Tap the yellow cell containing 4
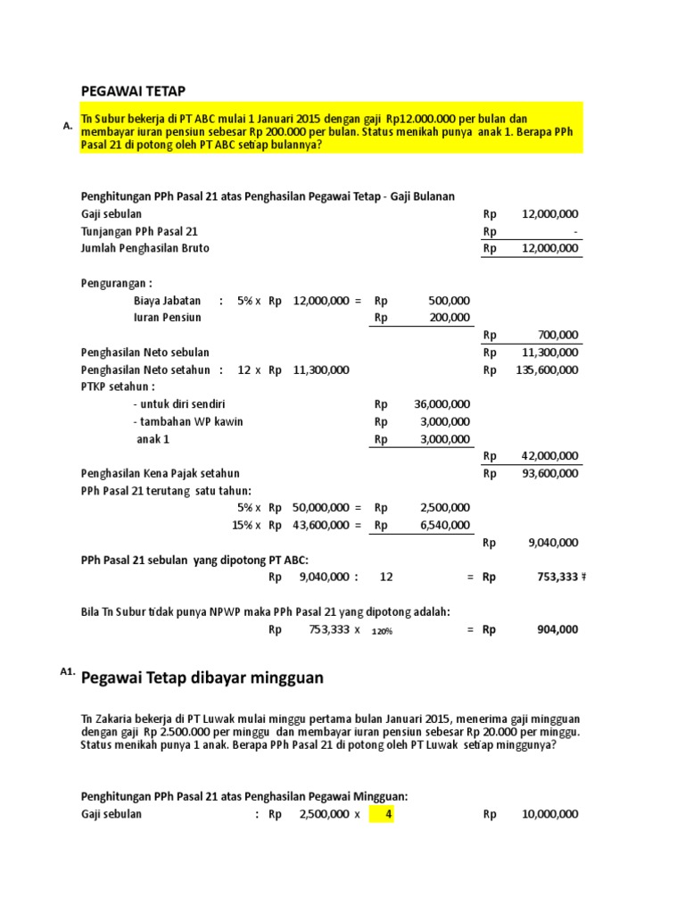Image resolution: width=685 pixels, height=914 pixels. coord(388,814)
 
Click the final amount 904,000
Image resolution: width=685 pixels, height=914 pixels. coord(557,629)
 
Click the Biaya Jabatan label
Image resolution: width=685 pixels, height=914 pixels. coord(167,301)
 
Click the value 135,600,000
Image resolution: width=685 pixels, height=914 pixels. coord(548,370)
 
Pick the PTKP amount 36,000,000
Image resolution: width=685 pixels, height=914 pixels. coord(442,404)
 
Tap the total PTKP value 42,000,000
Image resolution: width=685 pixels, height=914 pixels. coord(550,456)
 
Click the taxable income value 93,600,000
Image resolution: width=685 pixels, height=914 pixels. coord(550,473)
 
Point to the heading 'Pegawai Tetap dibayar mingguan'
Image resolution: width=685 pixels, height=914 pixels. coord(202,678)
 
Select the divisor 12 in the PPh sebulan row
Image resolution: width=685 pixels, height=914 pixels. coord(386,577)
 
